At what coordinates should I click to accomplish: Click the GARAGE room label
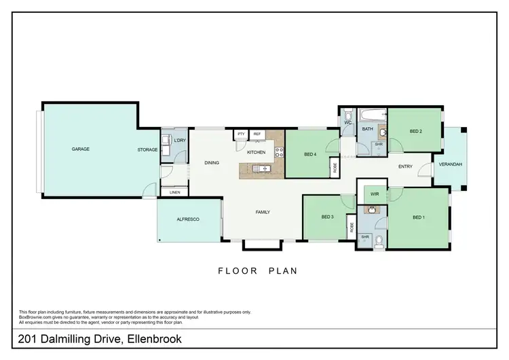coord(81,149)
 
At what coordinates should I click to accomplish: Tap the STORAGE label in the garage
coord(147,149)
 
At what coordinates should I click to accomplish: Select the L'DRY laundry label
coord(179,141)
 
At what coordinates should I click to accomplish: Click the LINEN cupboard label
coord(175,193)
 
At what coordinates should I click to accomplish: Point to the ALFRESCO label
coord(187,219)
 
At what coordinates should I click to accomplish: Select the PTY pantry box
coord(241,134)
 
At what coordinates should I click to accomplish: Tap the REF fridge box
coord(257,134)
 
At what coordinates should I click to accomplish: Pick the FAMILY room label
coord(263,212)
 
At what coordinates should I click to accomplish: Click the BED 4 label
coord(311,154)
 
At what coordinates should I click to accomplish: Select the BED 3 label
coord(327,217)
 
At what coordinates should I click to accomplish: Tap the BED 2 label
coord(416,131)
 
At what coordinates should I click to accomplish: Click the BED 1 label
coord(419,217)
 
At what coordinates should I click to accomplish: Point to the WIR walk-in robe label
coord(374,194)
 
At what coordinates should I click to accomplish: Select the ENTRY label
coord(405,166)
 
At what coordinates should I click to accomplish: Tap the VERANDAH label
coord(450,165)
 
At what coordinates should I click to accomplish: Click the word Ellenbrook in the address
coord(153,338)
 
